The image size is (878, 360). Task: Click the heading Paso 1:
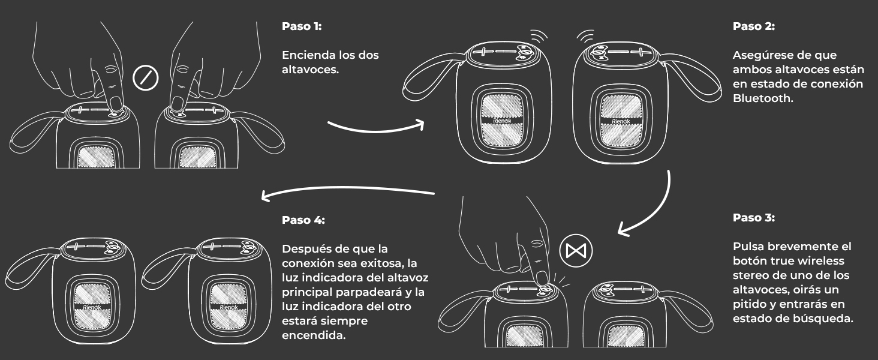coord(302,26)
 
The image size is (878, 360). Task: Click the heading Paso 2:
coord(753,26)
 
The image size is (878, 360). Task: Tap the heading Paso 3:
coord(753,218)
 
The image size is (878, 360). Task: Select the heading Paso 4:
coord(303,220)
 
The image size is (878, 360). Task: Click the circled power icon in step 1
coord(145,78)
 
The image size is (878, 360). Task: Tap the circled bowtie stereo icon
coord(576,251)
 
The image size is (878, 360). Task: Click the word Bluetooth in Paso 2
coord(762,98)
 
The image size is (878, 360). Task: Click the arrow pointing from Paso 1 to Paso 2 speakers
coord(376,130)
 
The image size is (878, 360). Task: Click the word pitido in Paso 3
coord(750,304)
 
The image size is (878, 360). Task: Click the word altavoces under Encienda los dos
coord(310,70)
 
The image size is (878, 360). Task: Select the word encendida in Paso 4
coord(314,335)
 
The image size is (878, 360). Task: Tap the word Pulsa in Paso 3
coord(748,246)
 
